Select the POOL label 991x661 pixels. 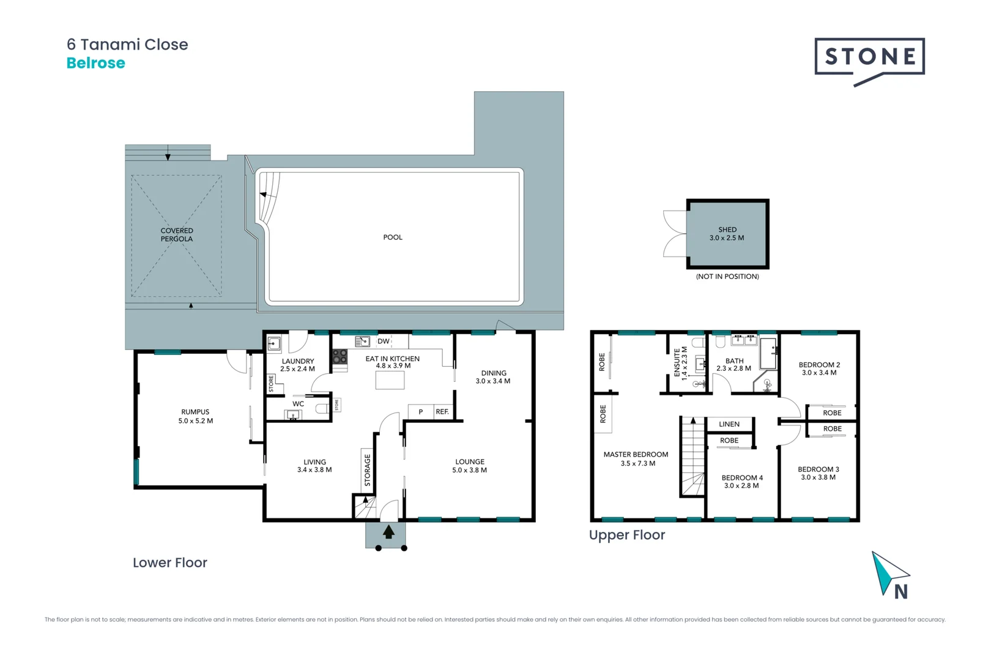pos(393,237)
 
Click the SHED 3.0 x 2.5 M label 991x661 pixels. pos(727,234)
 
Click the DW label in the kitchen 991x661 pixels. pos(384,342)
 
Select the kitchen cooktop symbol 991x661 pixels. pos(340,357)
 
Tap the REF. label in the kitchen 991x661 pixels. pos(442,412)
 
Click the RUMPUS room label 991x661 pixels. pos(195,416)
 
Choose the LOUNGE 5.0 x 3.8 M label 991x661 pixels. pos(469,466)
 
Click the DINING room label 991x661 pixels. pos(493,377)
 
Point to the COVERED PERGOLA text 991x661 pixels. pos(177,235)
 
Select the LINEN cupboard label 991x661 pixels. pos(729,424)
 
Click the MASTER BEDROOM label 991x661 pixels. pos(636,458)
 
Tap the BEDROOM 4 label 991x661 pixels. pos(742,482)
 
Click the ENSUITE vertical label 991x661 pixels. pos(680,363)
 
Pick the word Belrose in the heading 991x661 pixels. pos(96,63)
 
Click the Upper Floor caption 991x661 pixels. pos(627,535)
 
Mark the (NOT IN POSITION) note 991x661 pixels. pos(727,277)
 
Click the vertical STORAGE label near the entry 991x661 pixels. pos(368,470)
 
